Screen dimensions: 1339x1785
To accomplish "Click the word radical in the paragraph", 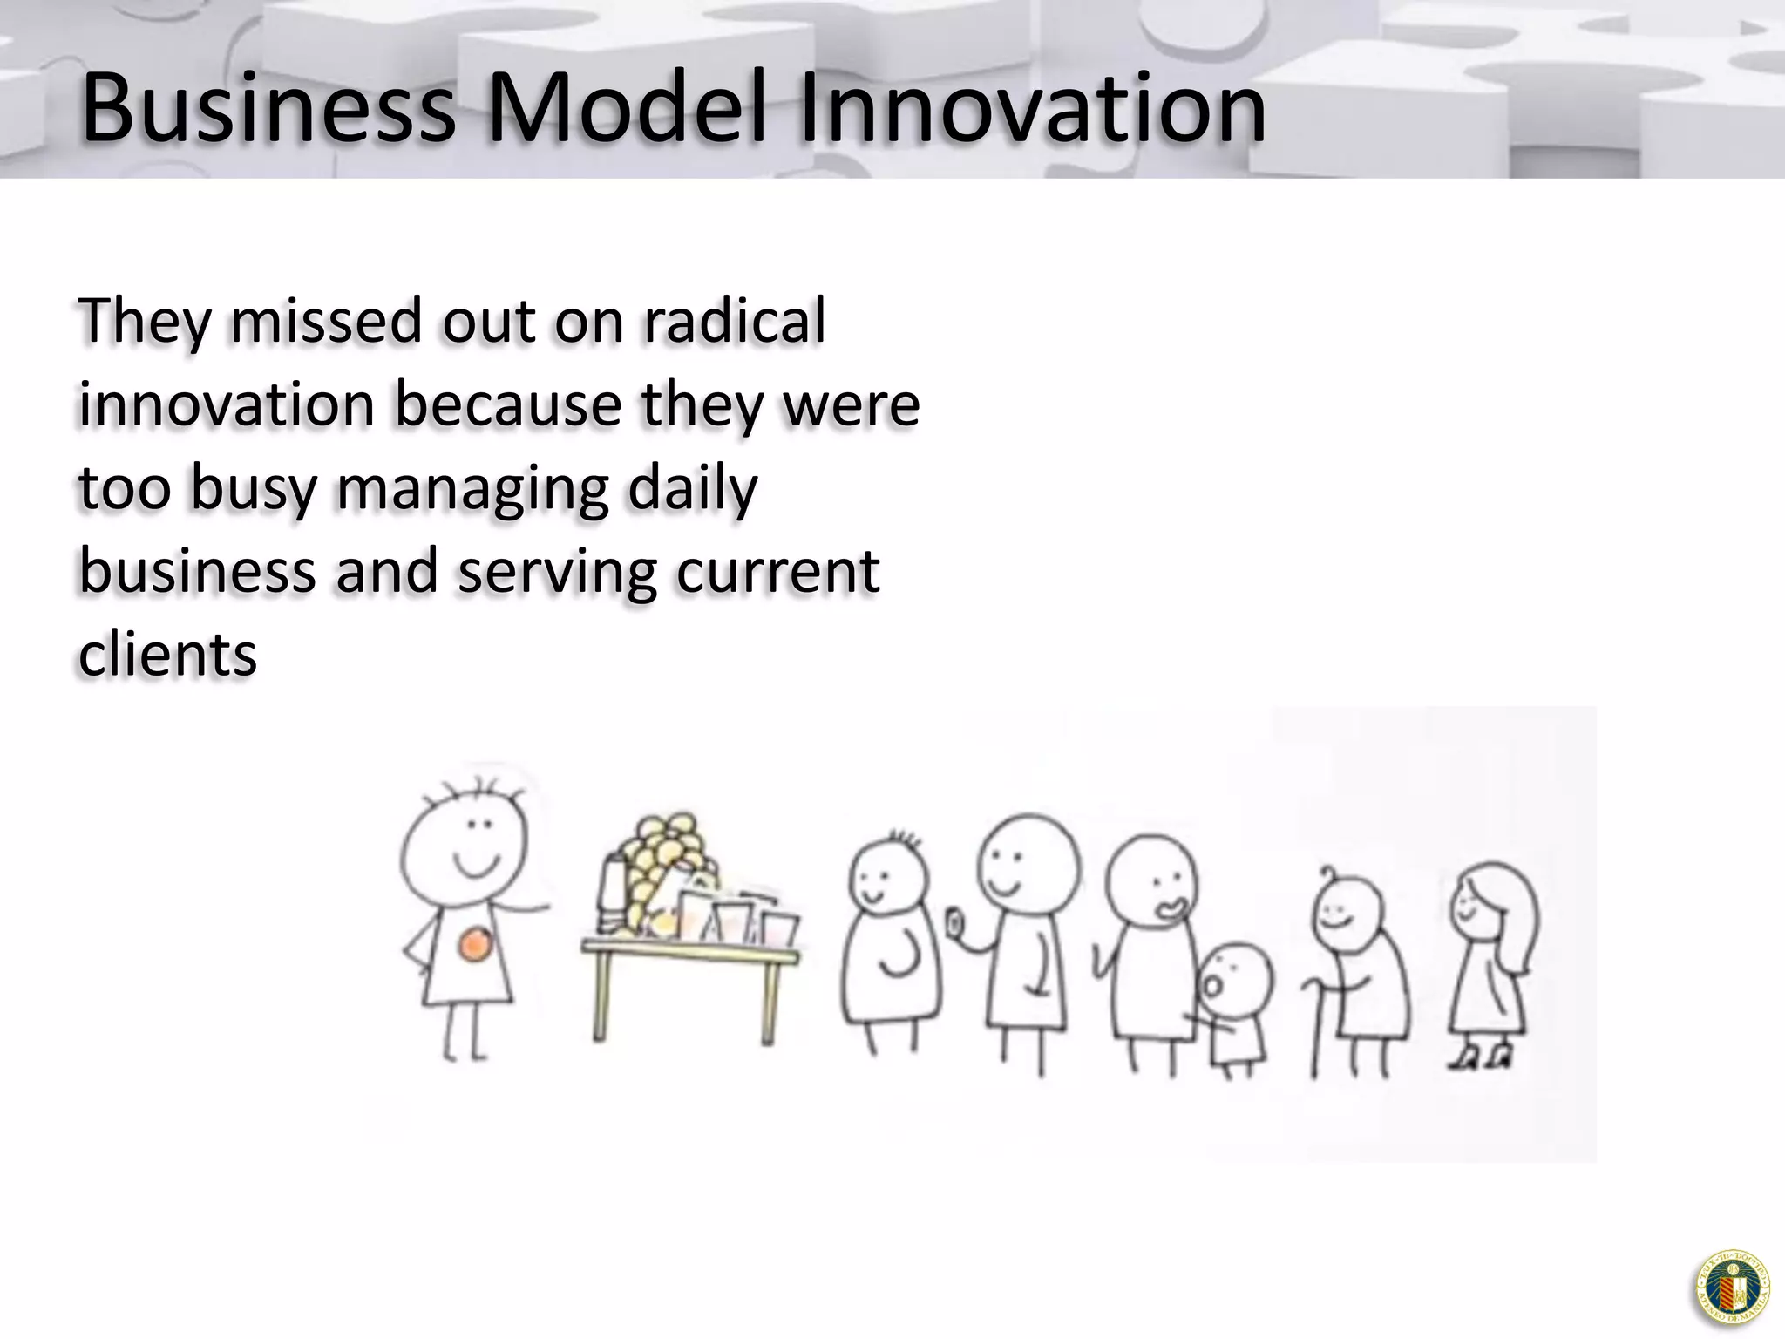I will (734, 321).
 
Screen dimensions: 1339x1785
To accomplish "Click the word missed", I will (328, 321).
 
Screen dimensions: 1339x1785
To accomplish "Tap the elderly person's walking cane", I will (1315, 1029).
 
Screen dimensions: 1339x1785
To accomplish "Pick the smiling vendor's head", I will (464, 837).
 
